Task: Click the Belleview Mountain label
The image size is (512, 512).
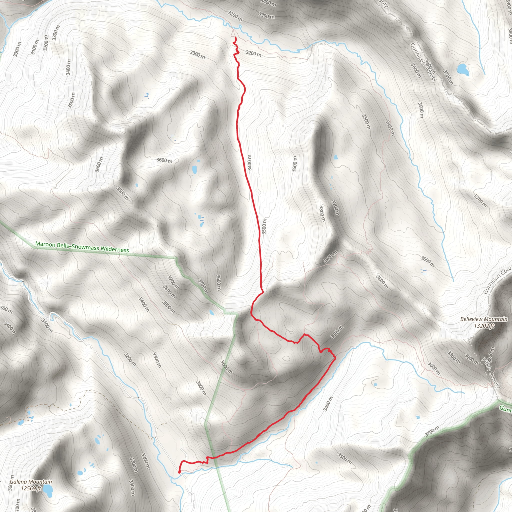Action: [484, 319]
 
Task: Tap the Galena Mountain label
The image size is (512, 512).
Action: [31, 482]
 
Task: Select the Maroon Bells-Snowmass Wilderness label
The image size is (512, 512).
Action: [82, 247]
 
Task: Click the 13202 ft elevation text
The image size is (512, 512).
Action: [484, 326]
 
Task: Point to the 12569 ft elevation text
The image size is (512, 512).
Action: [31, 488]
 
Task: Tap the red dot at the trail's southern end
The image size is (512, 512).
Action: [179, 472]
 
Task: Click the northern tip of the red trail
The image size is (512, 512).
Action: [235, 38]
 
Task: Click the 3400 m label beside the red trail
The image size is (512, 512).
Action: [249, 162]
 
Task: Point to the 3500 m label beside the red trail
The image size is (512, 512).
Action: [264, 226]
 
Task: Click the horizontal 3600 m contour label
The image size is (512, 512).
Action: [164, 160]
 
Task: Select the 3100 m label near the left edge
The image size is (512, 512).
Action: [35, 47]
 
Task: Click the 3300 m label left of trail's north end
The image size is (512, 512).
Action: [197, 54]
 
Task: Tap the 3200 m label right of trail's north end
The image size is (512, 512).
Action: [253, 53]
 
